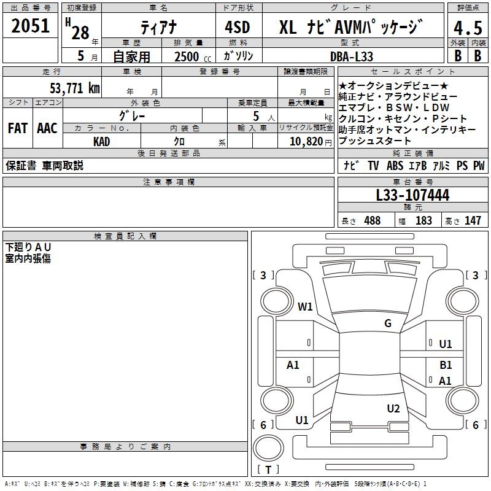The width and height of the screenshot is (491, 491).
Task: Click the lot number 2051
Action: click(x=31, y=26)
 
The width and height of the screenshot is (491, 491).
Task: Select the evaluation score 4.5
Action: click(x=468, y=28)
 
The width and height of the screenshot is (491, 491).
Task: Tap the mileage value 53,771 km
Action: click(x=75, y=88)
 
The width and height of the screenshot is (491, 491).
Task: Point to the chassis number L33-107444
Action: click(x=412, y=195)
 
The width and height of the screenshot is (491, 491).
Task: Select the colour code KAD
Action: click(x=102, y=141)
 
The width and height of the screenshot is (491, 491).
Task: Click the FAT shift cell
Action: click(x=18, y=128)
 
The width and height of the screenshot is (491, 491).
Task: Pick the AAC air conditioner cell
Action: click(x=47, y=128)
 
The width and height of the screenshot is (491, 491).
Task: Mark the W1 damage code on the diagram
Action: click(x=305, y=306)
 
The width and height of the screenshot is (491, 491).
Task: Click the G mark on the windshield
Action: click(x=388, y=323)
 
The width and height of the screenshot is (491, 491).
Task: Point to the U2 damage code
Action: click(x=393, y=408)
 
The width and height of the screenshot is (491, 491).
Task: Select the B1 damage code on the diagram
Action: click(x=446, y=365)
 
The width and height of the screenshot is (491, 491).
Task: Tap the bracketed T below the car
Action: click(x=268, y=470)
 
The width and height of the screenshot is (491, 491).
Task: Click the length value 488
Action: click(x=372, y=220)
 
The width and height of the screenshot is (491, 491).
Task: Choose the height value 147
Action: click(x=473, y=220)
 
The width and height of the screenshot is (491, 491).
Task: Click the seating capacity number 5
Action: click(x=255, y=115)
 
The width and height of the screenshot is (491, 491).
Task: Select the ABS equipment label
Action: click(x=395, y=166)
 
